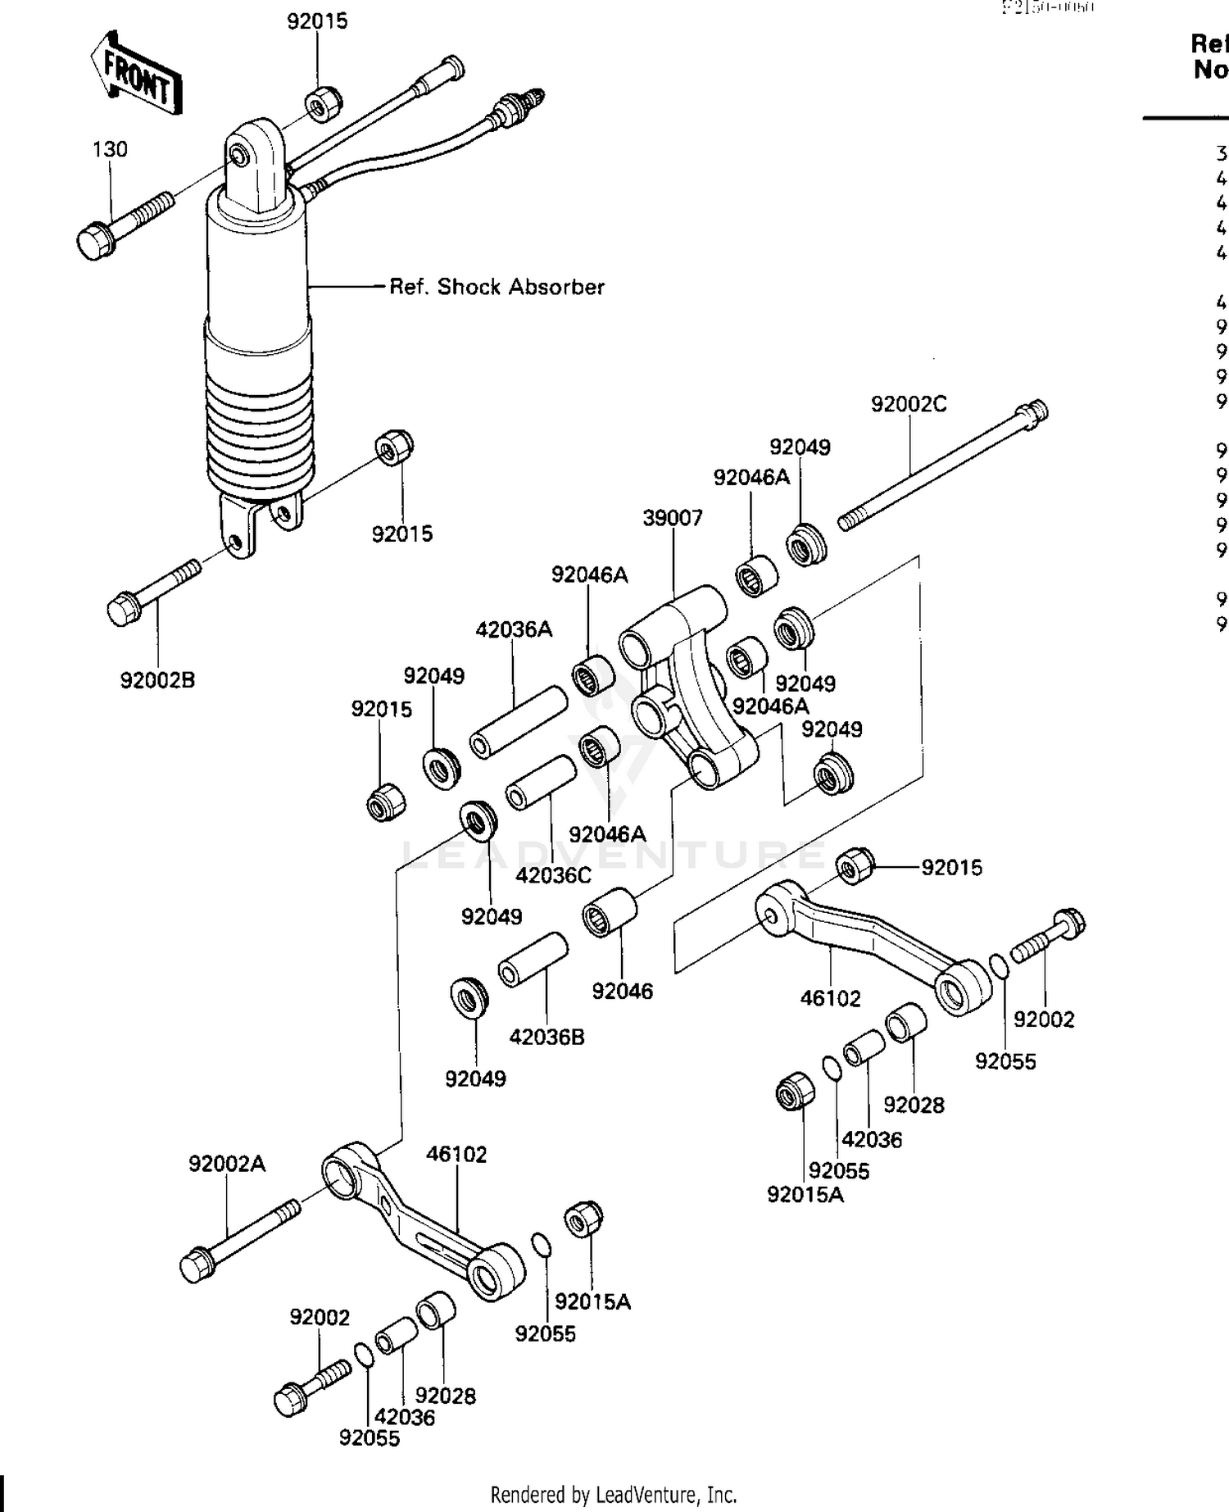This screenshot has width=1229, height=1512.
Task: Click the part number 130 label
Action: coord(110,149)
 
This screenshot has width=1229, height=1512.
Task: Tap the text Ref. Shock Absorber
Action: coord(497,287)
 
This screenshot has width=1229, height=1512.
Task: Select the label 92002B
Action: coord(157,680)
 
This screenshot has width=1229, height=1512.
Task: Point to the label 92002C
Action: coord(909,404)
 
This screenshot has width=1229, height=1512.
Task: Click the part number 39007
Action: coord(673,518)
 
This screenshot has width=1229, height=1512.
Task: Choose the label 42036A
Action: coord(514,629)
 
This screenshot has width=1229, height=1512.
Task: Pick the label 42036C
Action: coord(553,875)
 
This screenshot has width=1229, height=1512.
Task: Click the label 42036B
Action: coord(546,1037)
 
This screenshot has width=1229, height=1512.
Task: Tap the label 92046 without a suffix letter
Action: coord(623,991)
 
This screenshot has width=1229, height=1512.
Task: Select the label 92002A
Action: coord(227,1164)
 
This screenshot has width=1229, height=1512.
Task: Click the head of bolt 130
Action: coord(94,242)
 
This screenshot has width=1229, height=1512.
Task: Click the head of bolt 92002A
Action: coord(197,1265)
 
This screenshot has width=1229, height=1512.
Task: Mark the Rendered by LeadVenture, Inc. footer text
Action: coord(614,1494)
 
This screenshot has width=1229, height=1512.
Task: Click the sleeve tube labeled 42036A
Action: coord(518,722)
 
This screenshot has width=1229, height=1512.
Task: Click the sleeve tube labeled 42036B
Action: coord(533,959)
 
